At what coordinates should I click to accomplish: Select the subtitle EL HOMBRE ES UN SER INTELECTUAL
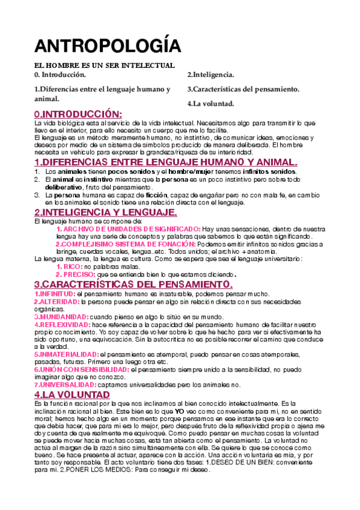(104, 66)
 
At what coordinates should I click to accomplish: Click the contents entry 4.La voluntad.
(210, 103)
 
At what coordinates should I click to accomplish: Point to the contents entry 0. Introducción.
(60, 75)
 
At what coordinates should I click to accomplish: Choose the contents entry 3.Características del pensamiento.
(243, 89)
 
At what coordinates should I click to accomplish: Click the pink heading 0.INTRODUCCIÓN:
(78, 114)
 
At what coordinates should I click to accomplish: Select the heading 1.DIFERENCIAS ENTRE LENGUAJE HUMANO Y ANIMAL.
(166, 162)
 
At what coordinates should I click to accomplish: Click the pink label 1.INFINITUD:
(55, 293)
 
